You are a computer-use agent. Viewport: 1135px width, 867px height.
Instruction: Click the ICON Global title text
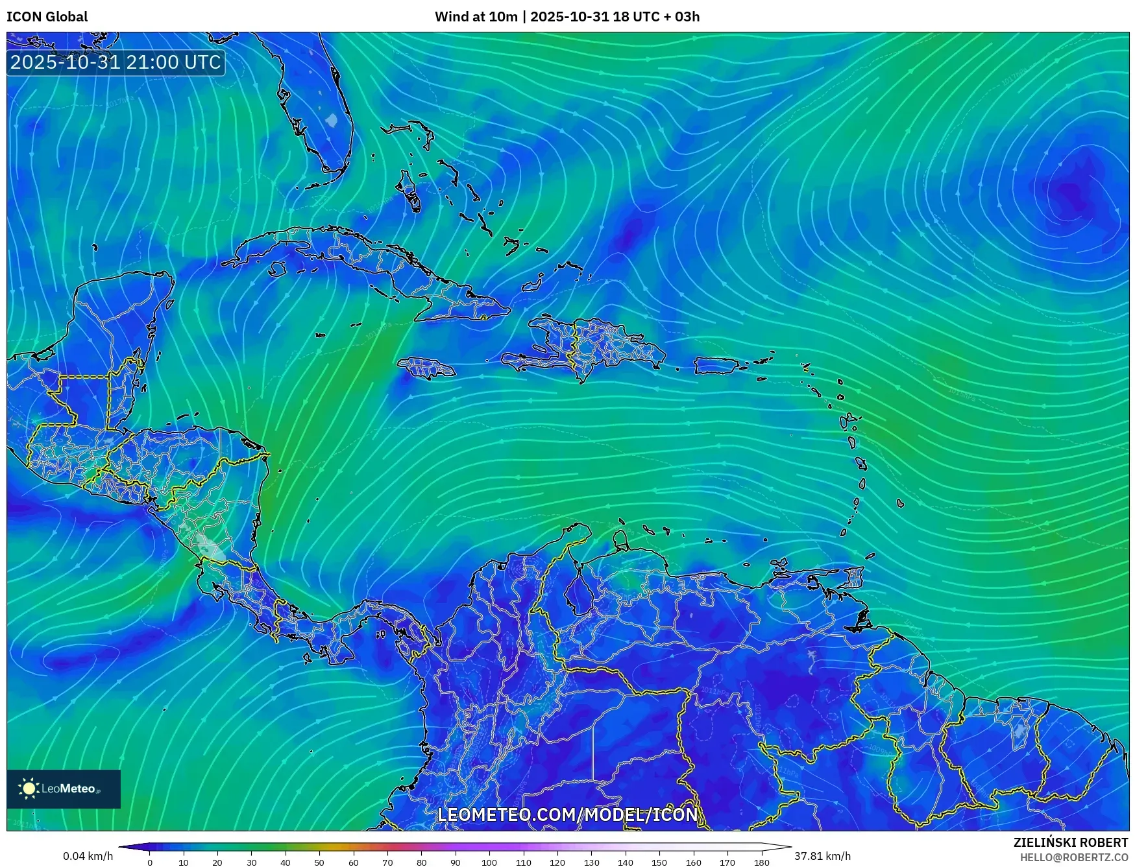[x=47, y=17]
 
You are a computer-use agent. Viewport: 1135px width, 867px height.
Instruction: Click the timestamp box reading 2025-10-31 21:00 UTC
[x=116, y=62]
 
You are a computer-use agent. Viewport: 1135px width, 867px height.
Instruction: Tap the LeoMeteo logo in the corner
[x=63, y=789]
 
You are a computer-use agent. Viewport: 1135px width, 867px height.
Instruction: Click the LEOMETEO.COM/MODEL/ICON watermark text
[x=567, y=815]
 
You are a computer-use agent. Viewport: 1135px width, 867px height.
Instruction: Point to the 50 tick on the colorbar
[x=319, y=862]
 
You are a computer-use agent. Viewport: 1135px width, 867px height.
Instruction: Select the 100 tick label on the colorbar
[x=489, y=862]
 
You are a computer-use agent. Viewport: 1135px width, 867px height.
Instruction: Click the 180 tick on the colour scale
[x=761, y=862]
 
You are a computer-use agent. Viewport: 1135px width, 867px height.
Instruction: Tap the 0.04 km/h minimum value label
[x=88, y=856]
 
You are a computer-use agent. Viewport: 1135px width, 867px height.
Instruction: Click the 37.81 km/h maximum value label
[x=822, y=856]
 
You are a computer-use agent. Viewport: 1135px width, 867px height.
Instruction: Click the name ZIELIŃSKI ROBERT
[x=1070, y=842]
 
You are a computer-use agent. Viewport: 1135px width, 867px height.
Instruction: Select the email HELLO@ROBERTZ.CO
[x=1073, y=857]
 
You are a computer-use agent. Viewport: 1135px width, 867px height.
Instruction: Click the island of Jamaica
[x=426, y=368]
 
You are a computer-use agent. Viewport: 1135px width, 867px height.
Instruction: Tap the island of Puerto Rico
[x=716, y=366]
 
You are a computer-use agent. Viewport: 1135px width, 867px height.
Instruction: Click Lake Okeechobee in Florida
[x=332, y=120]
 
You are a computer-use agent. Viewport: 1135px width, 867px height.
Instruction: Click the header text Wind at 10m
[x=476, y=17]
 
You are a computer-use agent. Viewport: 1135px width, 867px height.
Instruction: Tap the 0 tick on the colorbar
[x=150, y=862]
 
